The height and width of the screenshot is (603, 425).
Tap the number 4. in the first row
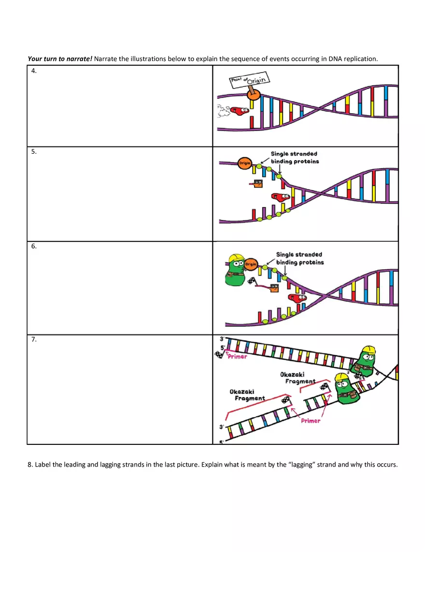coord(34,71)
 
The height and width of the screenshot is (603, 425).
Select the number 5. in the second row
coord(34,151)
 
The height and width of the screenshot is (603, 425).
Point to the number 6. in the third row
coord(34,246)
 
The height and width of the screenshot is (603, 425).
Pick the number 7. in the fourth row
coord(34,339)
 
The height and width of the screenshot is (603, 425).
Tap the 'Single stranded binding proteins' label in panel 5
coord(294,158)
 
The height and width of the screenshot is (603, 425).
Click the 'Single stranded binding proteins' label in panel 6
coord(299,258)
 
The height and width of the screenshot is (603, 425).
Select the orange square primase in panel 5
coord(258,183)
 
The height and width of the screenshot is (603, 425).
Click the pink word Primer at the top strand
coord(237,357)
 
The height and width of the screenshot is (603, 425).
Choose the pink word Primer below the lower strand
coord(311,421)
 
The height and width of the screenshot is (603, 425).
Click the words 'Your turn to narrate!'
coord(60,59)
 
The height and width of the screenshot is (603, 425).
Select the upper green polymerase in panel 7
coord(365,361)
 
